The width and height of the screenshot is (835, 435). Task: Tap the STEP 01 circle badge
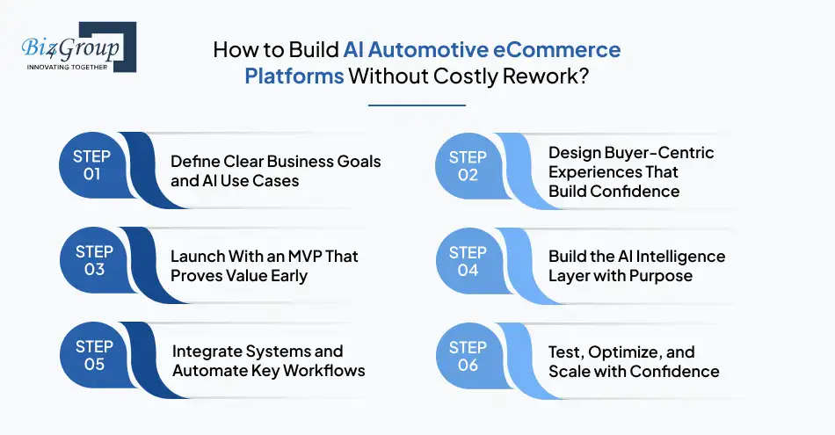[91, 165]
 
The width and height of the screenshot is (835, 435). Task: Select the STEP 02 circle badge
[468, 165]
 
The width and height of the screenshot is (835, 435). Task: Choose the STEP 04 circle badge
[468, 261]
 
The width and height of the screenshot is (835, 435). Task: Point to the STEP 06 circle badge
[468, 356]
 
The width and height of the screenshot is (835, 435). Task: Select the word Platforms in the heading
[294, 76]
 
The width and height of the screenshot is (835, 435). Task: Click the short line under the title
[416, 105]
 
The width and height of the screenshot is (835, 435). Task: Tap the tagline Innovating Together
[67, 67]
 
